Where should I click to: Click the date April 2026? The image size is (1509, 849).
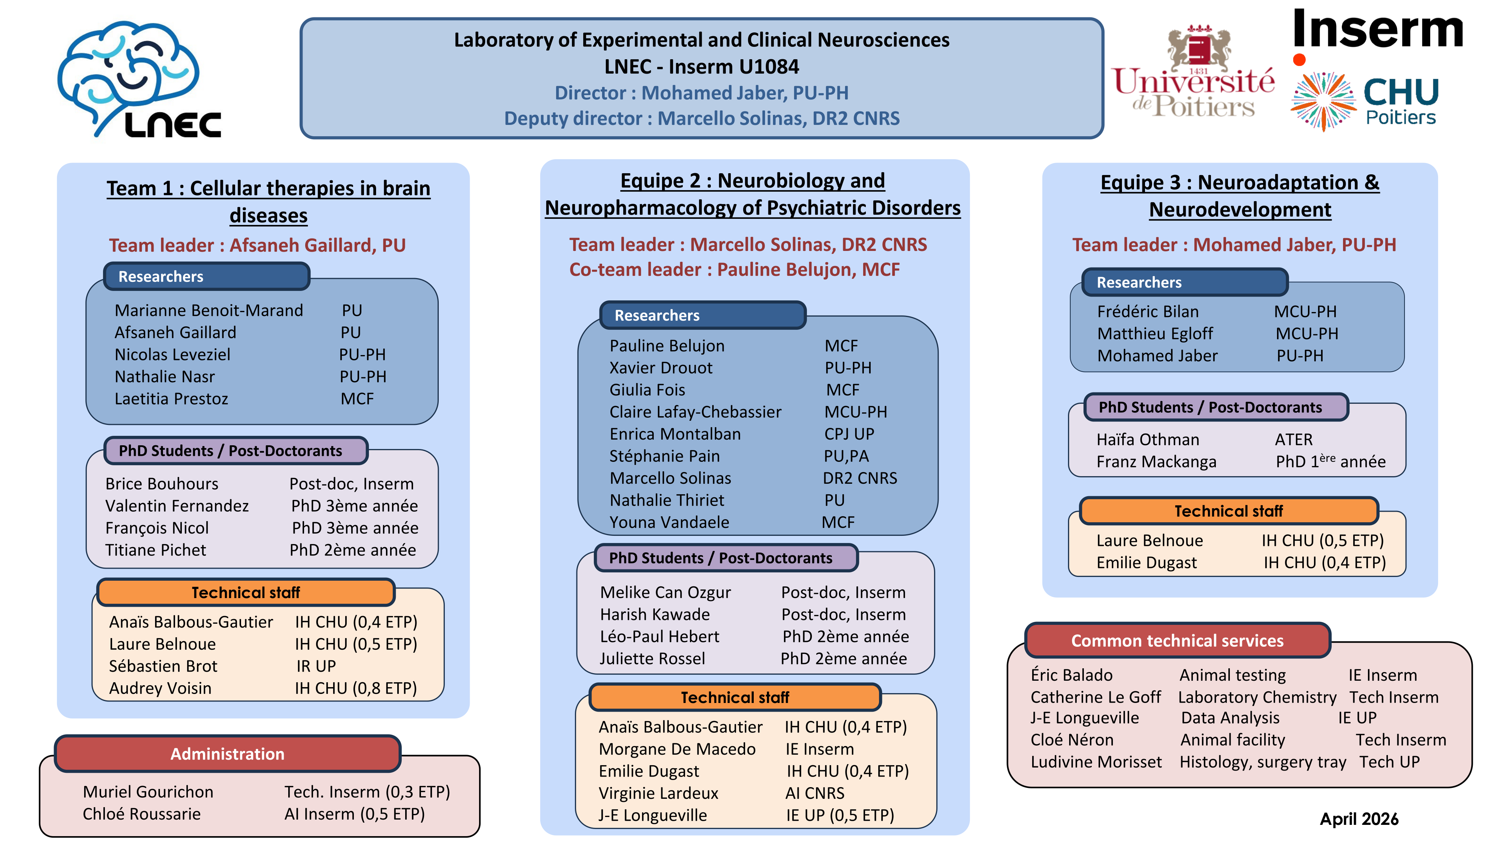coord(1359,818)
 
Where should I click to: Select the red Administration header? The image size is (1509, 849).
coord(227,754)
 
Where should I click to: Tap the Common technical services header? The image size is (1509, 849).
coord(1177,640)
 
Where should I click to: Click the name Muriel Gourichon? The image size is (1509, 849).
coord(148,792)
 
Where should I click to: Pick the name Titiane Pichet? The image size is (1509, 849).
coord(156,550)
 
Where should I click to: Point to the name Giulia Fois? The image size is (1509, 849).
coord(647,390)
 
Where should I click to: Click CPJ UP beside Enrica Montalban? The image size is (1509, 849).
coord(849,434)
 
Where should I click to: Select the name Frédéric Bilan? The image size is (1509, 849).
coord(1148,311)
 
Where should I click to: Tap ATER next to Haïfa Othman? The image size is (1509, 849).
coord(1294,440)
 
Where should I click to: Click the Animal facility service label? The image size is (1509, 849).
coord(1232,740)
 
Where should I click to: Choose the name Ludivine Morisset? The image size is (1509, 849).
coord(1096,762)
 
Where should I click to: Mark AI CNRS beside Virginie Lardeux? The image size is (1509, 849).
coord(815,793)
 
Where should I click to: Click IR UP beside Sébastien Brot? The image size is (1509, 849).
coord(316,666)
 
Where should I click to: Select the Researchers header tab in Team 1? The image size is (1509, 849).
coord(206,276)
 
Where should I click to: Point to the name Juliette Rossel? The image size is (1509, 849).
coord(652,658)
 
